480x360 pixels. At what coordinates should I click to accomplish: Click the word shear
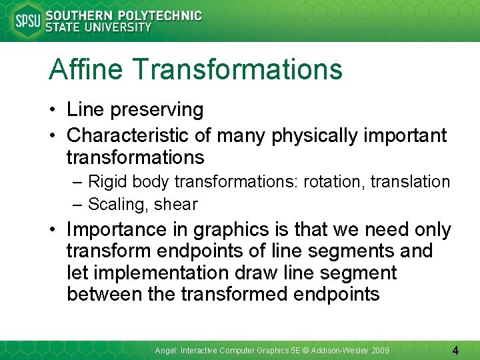[x=175, y=204]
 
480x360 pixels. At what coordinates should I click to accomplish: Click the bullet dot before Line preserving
[x=53, y=110]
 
